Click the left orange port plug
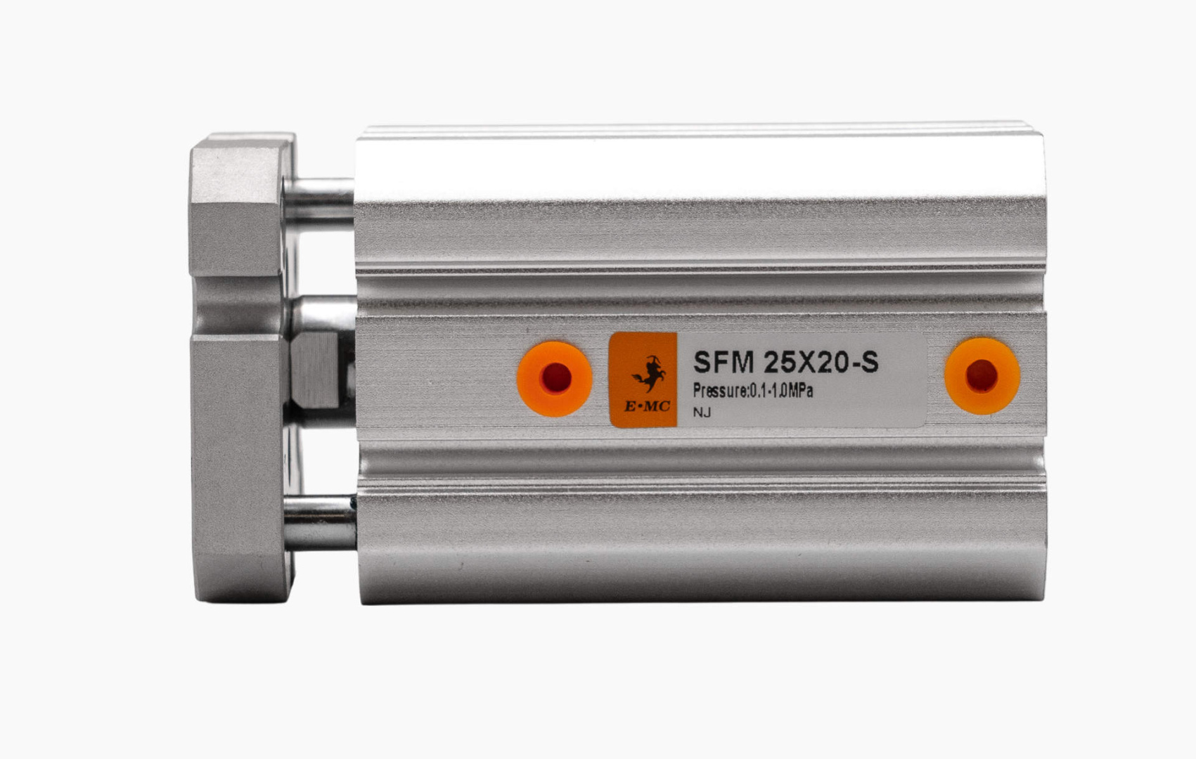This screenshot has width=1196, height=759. [554, 379]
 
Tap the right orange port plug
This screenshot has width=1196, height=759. [982, 376]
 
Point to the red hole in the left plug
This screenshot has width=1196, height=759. [555, 378]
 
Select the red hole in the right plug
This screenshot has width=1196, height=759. [982, 376]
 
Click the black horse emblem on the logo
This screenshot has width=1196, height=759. [650, 373]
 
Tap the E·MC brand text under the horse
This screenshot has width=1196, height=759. [647, 407]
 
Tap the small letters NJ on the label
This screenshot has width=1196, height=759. [702, 413]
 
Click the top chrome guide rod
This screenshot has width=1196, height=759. [321, 200]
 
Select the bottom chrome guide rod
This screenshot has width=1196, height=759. [321, 521]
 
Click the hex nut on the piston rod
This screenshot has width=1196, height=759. [316, 370]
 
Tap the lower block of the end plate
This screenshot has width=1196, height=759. [239, 464]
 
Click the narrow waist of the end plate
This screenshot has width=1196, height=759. [239, 306]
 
